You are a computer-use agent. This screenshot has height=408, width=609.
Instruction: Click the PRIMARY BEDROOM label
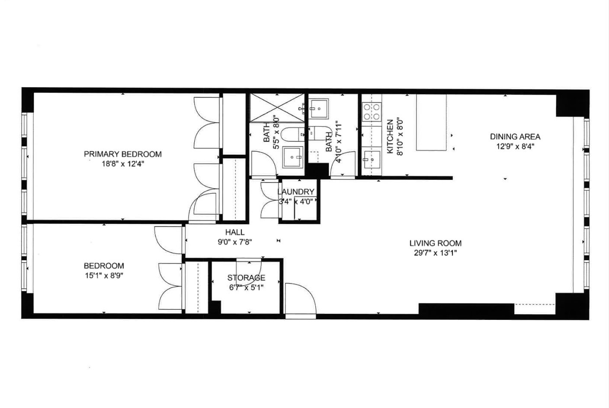pos(122,154)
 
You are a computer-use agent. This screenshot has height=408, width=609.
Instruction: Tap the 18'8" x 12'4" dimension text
pos(122,164)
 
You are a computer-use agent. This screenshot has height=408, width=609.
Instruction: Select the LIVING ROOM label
pos(435,243)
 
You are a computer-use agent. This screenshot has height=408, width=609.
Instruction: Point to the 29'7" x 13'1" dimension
pos(435,253)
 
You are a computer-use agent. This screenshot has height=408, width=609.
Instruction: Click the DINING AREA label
pos(515,137)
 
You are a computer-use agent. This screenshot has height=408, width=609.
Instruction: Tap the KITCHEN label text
pos(390,137)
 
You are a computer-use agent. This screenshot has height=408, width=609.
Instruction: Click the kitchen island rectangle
pos(431,122)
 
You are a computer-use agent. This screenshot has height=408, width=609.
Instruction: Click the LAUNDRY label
pos(295,192)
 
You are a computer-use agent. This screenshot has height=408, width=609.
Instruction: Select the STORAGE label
pos(246,277)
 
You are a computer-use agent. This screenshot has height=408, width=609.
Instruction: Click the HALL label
pos(234,232)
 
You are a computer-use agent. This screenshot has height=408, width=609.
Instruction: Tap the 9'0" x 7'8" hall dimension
pos(234,242)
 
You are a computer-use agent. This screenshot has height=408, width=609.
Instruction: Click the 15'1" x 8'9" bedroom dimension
pos(104,275)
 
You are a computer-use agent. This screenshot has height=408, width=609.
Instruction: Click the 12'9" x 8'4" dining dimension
pos(515,147)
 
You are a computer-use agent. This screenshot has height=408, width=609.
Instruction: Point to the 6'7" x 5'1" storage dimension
pos(246,287)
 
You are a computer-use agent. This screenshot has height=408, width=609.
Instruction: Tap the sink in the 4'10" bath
pos(318,108)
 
